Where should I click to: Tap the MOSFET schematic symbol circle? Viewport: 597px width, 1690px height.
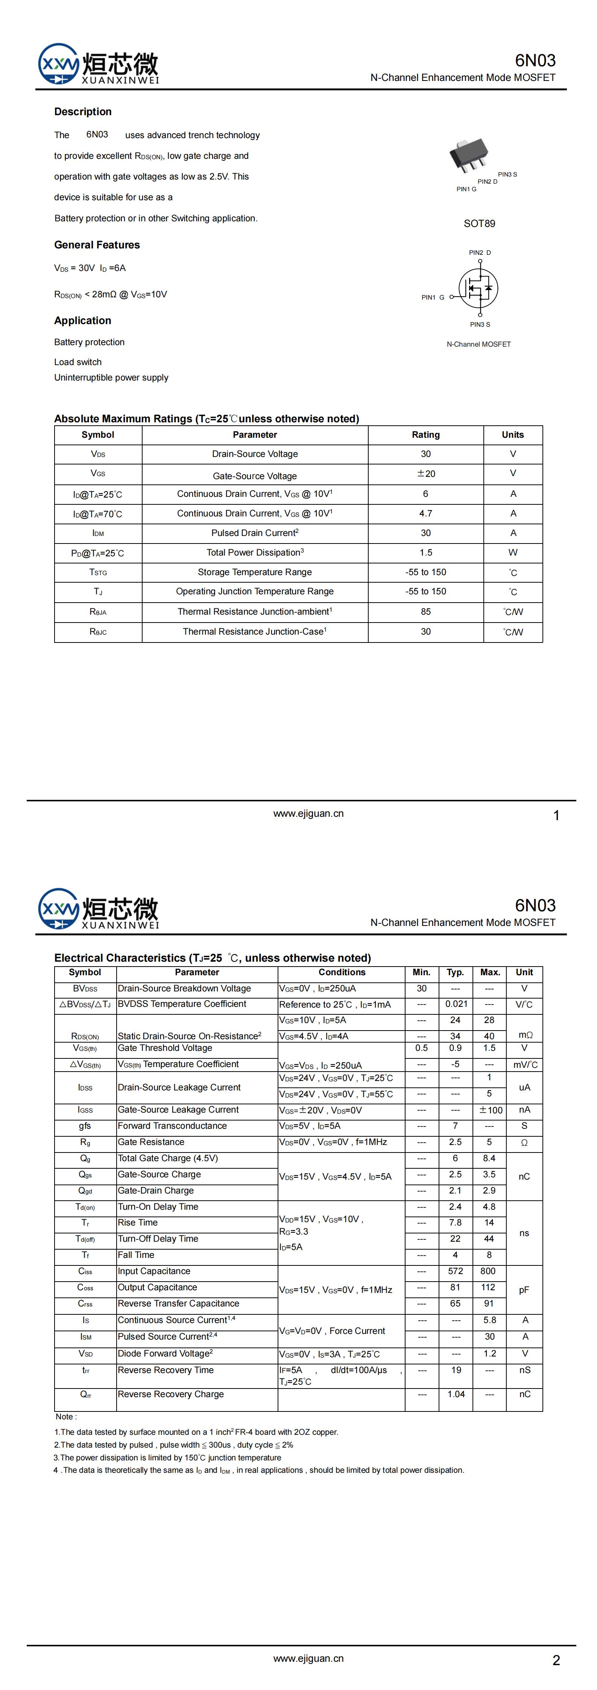pos(478,288)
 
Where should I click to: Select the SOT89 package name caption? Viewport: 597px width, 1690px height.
pos(479,224)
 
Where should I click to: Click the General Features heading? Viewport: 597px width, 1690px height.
pos(97,245)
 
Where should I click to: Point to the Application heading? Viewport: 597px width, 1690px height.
pos(83,320)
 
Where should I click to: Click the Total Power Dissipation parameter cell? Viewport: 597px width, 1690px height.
pos(255,553)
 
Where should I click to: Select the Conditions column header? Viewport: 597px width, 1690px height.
pos(342,972)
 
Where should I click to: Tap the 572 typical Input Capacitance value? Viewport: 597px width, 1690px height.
pos(455,1271)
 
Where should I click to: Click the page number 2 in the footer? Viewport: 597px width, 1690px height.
pos(556,1661)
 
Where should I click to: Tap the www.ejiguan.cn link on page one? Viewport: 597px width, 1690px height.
pos(308,813)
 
